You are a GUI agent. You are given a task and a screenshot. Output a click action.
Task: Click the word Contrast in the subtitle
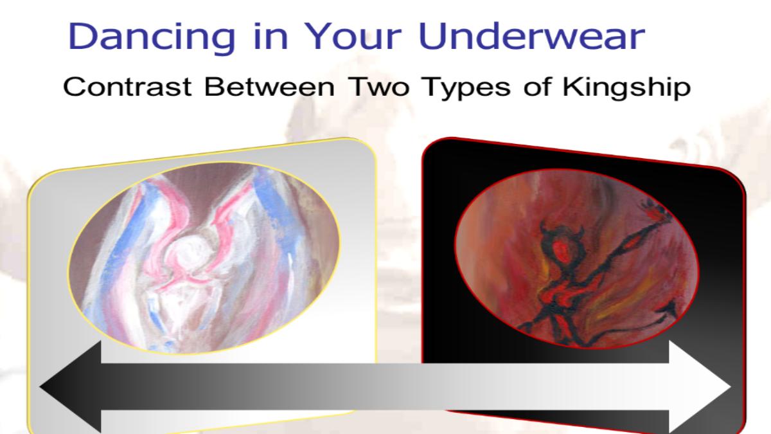coord(127,87)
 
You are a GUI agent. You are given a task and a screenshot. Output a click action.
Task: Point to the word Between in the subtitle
coord(269,87)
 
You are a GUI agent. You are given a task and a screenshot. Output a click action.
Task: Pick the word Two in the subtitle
coord(378,87)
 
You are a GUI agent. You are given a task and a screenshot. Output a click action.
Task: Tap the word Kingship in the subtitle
coord(626,89)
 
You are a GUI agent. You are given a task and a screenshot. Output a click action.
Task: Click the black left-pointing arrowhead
coord(71,386)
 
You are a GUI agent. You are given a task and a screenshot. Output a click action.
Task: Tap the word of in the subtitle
coord(536,87)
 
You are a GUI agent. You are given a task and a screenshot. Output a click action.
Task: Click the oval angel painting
coord(204,258)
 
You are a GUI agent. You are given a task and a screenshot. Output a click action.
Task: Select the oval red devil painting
coord(577,258)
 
